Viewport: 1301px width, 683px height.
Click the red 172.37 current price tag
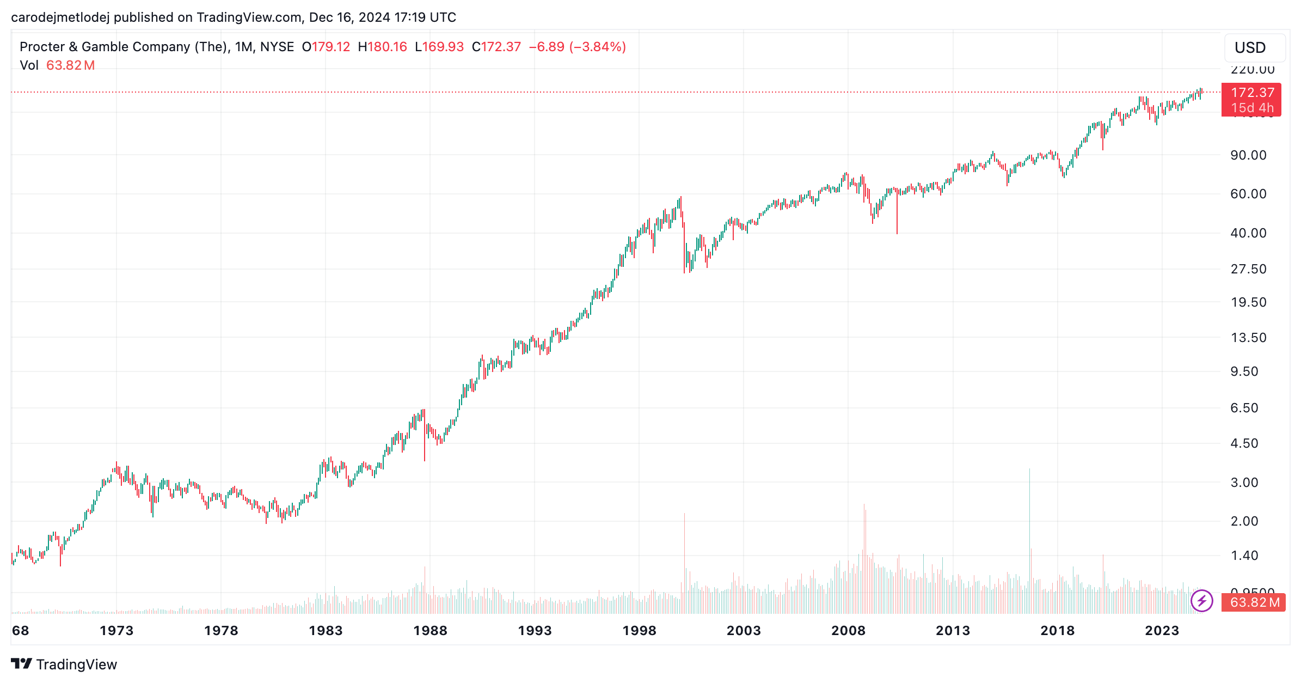point(1251,93)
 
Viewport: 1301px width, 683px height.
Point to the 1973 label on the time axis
point(116,631)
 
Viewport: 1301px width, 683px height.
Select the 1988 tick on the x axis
point(430,631)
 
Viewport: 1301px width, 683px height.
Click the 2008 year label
point(848,631)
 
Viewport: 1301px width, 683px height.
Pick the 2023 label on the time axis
point(1162,631)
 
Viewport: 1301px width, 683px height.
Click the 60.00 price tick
point(1248,194)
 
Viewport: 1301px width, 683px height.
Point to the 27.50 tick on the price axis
point(1248,269)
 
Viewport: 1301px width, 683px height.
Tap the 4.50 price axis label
point(1244,443)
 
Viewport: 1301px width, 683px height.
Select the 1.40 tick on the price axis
point(1244,556)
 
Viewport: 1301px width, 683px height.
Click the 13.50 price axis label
point(1248,338)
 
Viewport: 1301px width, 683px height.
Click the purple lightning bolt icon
point(1201,601)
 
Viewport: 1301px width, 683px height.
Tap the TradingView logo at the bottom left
point(64,664)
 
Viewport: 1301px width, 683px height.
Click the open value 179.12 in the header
point(331,47)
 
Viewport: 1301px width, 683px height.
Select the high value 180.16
point(387,47)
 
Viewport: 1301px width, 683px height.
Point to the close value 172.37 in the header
point(501,47)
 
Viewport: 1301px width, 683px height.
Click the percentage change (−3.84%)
point(598,47)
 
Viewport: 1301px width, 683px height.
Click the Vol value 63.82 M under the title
point(70,65)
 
